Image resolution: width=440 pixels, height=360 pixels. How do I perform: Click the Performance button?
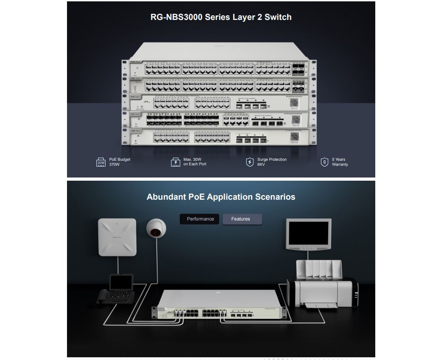pyautogui.click(x=200, y=219)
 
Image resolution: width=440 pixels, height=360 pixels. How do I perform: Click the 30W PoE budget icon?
pyautogui.click(x=101, y=163)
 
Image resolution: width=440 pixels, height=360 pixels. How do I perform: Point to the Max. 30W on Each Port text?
pyautogui.click(x=195, y=162)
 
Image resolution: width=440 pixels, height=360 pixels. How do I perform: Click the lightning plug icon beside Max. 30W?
pyautogui.click(x=176, y=163)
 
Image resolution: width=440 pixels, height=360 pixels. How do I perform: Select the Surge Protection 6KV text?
pyautogui.click(x=272, y=162)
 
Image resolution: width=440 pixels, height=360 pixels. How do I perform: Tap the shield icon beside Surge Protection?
pyautogui.click(x=249, y=162)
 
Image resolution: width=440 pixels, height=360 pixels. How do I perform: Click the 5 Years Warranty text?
pyautogui.click(x=340, y=162)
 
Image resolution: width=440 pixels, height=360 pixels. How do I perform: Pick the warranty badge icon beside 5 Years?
pyautogui.click(x=324, y=162)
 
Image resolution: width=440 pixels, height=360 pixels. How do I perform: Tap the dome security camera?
pyautogui.click(x=157, y=229)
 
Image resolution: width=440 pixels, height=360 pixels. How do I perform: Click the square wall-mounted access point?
pyautogui.click(x=117, y=237)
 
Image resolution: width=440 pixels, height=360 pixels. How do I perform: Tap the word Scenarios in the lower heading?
pyautogui.click(x=276, y=197)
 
